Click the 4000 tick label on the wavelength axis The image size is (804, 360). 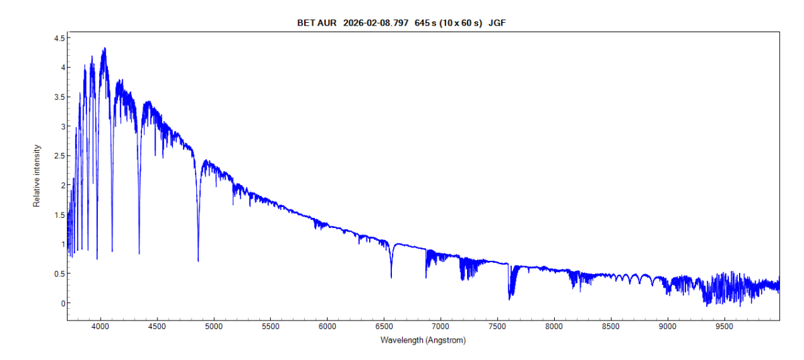[x=100, y=327]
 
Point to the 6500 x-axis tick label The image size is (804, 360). [x=384, y=327]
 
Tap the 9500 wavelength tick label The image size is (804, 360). [x=724, y=327]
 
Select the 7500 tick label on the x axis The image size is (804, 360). [x=497, y=327]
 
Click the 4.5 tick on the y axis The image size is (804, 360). [x=59, y=38]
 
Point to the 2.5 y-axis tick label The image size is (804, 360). [x=59, y=156]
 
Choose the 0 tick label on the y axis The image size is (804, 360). [x=62, y=303]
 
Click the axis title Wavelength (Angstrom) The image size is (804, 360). [x=423, y=340]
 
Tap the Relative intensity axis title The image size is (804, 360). [x=38, y=176]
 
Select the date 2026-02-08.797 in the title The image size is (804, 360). [x=375, y=23]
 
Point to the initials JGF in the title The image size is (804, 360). [x=498, y=23]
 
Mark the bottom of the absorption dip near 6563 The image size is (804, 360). [x=391, y=277]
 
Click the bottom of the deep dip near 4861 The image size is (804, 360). [x=198, y=261]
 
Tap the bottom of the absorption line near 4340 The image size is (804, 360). [x=139, y=253]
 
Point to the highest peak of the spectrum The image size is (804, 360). [x=105, y=48]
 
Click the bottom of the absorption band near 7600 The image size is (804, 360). [x=510, y=299]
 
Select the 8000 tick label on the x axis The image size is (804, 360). [x=554, y=327]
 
